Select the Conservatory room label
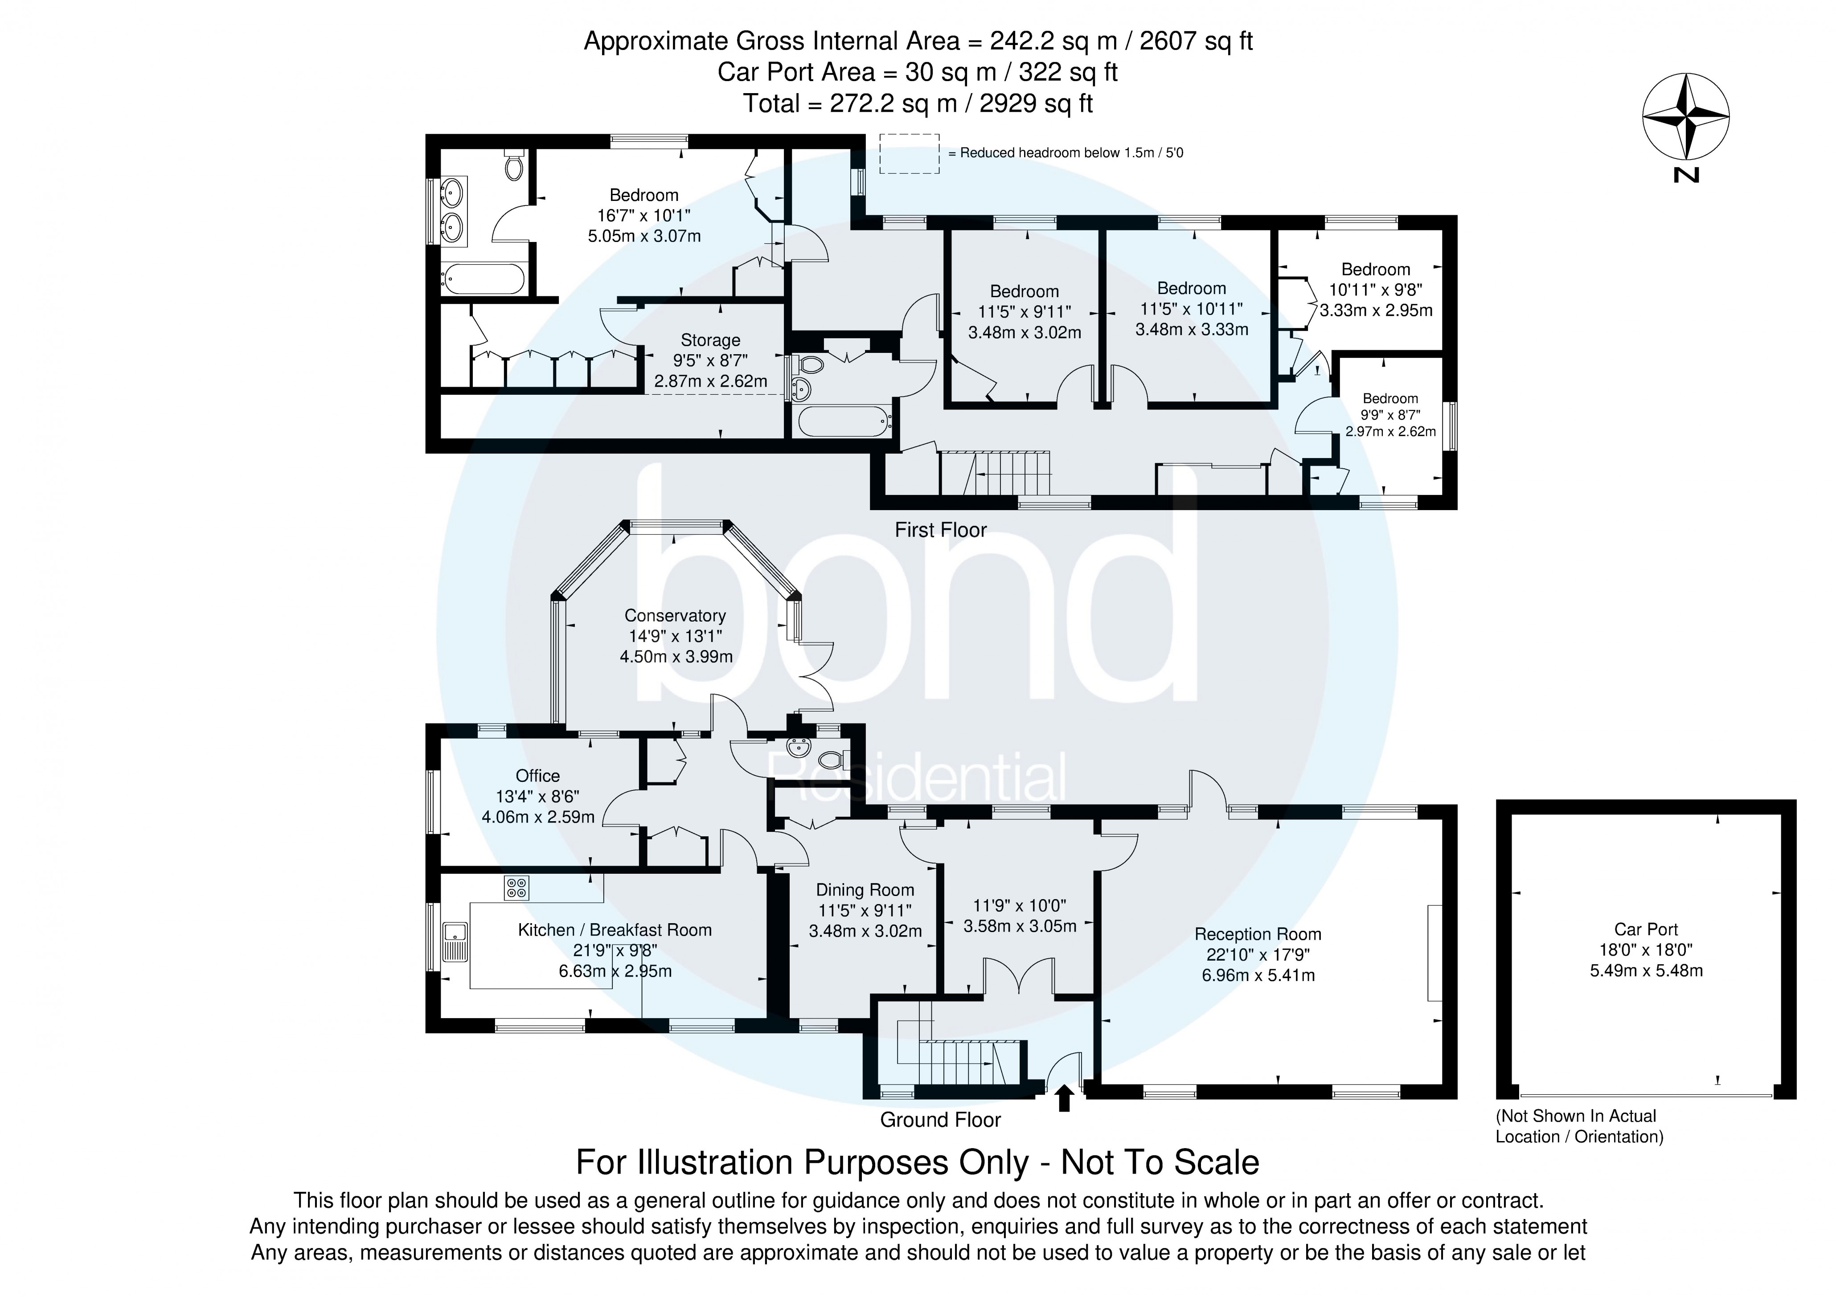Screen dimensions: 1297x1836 tap(675, 616)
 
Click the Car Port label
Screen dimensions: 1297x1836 tap(1646, 929)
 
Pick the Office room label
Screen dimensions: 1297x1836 tap(537, 776)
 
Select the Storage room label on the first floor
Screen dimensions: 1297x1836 tap(710, 341)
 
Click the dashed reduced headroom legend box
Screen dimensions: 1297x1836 tap(909, 154)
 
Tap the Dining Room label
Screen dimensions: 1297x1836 tap(865, 890)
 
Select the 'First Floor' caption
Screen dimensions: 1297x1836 tap(940, 530)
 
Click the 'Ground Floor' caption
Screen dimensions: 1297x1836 tap(940, 1120)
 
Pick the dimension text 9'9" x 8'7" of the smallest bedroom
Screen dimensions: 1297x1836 tap(1391, 415)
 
